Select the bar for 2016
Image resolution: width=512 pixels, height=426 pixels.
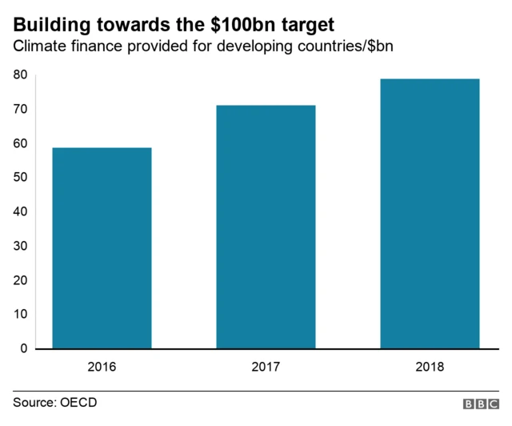[102, 248]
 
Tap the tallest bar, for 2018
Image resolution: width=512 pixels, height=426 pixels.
[430, 214]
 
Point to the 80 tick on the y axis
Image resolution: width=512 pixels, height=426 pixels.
[20, 75]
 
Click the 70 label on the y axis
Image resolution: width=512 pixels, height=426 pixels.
[20, 110]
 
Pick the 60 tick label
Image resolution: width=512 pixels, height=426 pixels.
[20, 144]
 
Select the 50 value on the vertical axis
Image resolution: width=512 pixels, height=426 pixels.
[20, 178]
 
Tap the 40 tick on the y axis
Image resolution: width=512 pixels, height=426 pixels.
[20, 212]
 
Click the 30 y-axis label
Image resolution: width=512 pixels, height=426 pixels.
[20, 247]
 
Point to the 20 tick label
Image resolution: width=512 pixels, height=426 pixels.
[20, 281]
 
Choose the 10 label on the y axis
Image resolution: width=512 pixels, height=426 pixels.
[20, 315]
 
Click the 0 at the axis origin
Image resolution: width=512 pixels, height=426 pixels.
[24, 349]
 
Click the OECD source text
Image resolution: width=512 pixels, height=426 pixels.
[79, 402]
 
